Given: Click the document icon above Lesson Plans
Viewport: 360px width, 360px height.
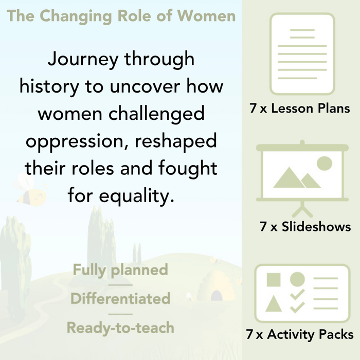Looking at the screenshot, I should [302, 54].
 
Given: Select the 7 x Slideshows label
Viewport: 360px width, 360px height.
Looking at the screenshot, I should [305, 227].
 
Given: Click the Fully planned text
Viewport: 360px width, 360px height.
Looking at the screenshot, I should [120, 269].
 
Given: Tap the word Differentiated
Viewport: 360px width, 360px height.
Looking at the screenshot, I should [120, 298].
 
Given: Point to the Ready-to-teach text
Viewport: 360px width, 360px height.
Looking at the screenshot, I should [120, 327].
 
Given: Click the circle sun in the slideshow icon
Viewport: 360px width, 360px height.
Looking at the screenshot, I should [324, 164].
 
